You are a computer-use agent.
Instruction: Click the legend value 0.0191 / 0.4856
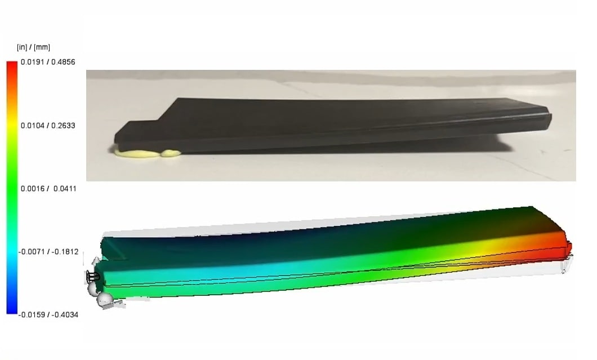(x=48, y=62)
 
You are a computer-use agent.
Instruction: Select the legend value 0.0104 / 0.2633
(x=48, y=126)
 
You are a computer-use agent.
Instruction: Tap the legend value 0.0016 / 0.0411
(x=48, y=189)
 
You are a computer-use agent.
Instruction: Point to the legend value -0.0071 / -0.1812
(x=48, y=252)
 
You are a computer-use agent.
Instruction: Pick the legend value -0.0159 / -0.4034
(x=48, y=315)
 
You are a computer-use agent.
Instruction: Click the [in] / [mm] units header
(x=33, y=47)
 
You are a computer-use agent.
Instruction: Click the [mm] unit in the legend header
(x=42, y=47)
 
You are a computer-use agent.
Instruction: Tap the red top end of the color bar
(x=12, y=65)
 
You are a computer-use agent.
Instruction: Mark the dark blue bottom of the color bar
(x=12, y=309)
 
